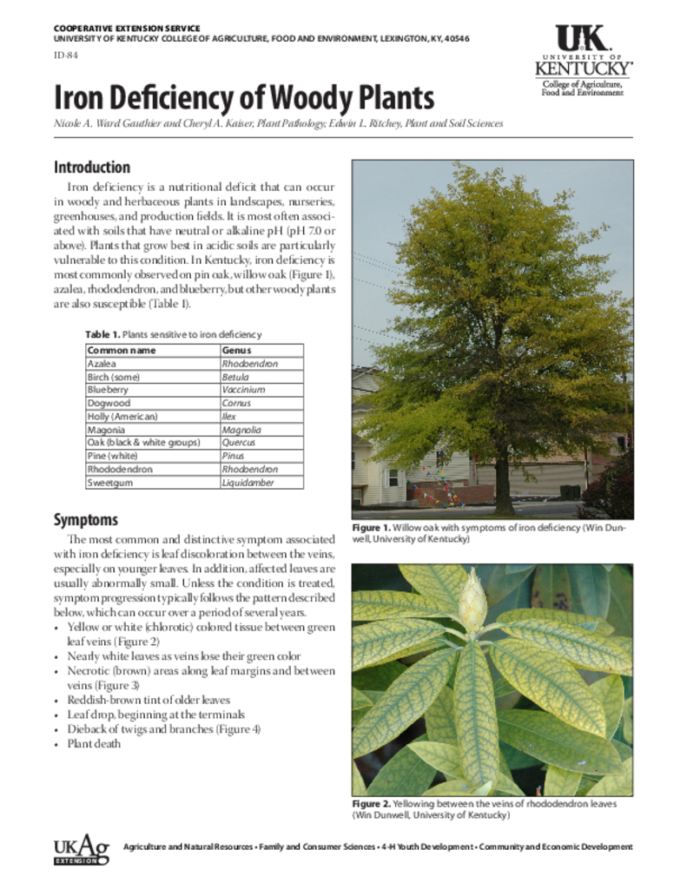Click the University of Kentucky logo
[x=583, y=60]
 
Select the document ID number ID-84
[x=64, y=56]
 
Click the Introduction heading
[x=92, y=168]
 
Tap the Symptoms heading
[x=86, y=519]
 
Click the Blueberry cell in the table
[x=108, y=391]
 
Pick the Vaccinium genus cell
[x=243, y=391]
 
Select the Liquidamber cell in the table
[x=248, y=483]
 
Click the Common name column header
[x=122, y=351]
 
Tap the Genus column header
[x=236, y=351]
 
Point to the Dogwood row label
[x=109, y=404]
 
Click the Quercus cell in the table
[x=239, y=443]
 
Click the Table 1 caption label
[x=102, y=334]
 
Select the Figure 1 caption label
[x=372, y=528]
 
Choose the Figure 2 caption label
[x=372, y=804]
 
